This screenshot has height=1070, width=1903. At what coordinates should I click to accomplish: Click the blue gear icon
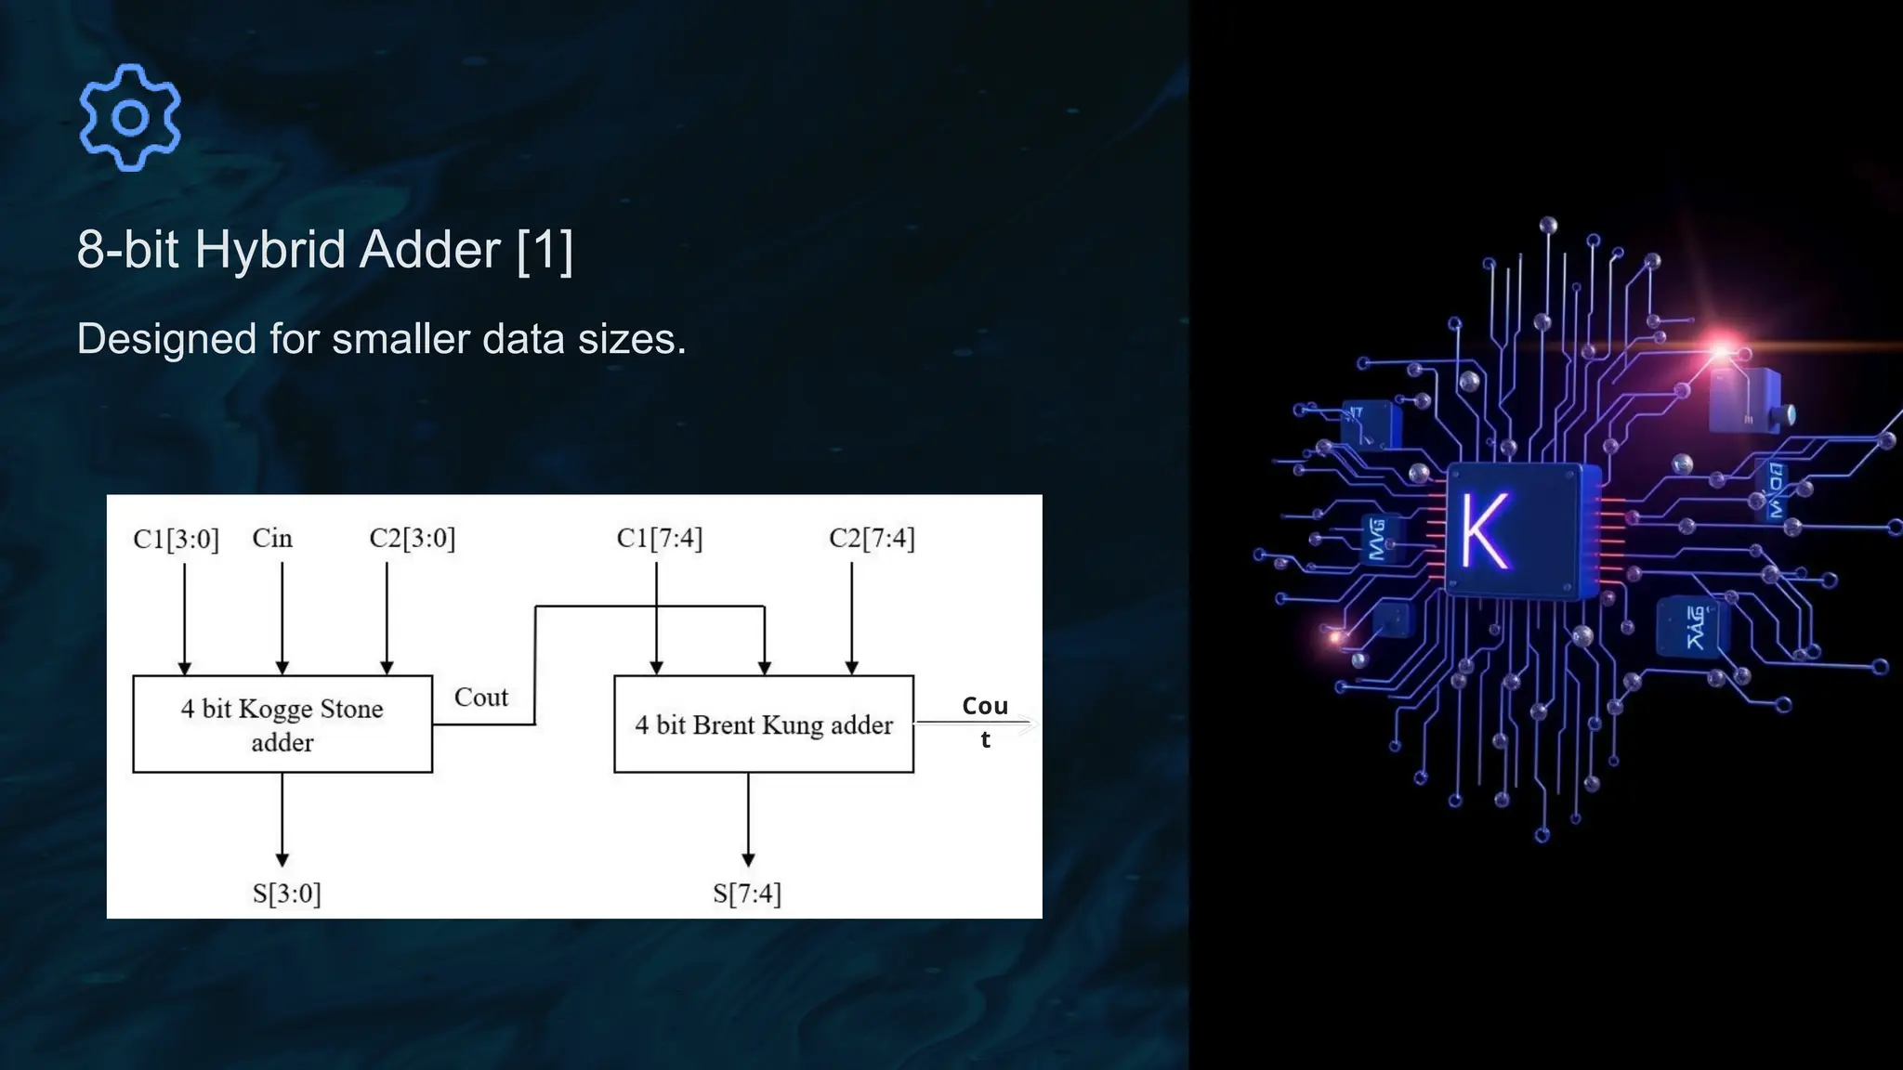[130, 117]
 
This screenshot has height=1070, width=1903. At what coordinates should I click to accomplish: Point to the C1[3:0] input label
[176, 539]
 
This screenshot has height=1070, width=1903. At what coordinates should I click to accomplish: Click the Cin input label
[272, 539]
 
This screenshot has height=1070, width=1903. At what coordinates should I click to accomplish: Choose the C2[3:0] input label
[412, 539]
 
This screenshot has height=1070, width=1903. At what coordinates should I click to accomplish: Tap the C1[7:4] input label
[659, 539]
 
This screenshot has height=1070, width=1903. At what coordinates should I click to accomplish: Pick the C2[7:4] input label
[872, 539]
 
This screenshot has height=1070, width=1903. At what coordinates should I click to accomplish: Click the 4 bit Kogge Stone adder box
[282, 724]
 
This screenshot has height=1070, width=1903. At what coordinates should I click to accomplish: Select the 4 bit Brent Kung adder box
[764, 724]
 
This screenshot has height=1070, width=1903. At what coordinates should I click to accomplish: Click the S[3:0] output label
[286, 894]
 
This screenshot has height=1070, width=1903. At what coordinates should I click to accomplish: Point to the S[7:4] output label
[747, 894]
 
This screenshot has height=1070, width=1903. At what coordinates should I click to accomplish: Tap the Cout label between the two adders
[480, 698]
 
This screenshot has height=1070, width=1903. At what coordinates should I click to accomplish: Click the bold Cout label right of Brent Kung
[985, 721]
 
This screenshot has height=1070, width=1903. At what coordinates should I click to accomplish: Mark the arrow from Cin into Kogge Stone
[282, 619]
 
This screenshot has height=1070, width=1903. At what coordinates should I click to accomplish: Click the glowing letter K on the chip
[1484, 530]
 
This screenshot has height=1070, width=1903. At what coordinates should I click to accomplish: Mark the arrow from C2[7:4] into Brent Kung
[851, 619]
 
